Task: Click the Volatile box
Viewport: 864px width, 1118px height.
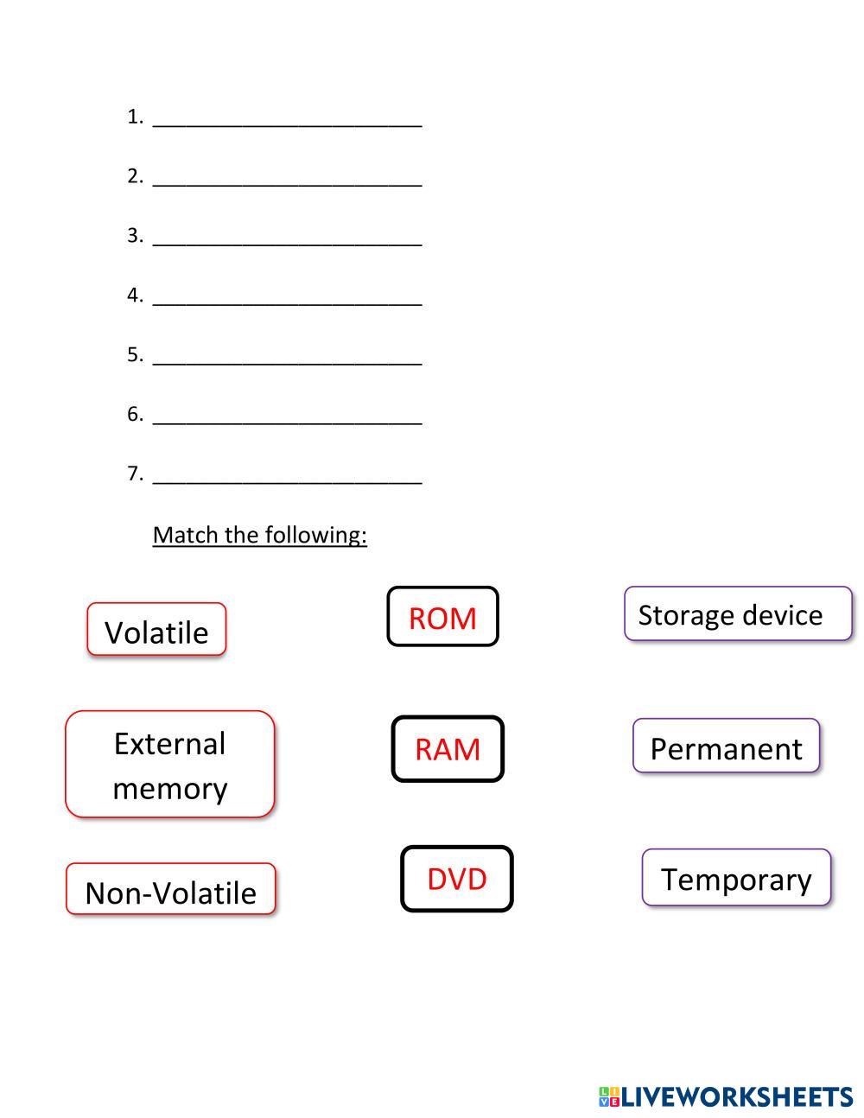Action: pyautogui.click(x=156, y=630)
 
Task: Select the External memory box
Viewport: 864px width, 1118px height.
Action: pyautogui.click(x=169, y=764)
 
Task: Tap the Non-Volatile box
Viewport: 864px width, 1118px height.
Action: pyautogui.click(x=170, y=890)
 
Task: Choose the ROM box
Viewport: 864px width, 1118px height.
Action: pyautogui.click(x=442, y=617)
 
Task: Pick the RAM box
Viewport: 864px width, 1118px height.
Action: pyautogui.click(x=447, y=748)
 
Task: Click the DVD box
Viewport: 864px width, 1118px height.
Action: pyautogui.click(x=456, y=878)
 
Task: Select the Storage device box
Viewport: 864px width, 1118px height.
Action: pyautogui.click(x=737, y=614)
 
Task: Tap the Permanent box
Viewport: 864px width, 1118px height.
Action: pyautogui.click(x=726, y=746)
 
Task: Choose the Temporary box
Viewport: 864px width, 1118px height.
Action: pyautogui.click(x=736, y=878)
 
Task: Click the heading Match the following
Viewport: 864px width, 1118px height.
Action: pyautogui.click(x=259, y=535)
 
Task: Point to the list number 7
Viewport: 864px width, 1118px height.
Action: pyautogui.click(x=134, y=473)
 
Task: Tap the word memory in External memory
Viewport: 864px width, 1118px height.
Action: pyautogui.click(x=170, y=788)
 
